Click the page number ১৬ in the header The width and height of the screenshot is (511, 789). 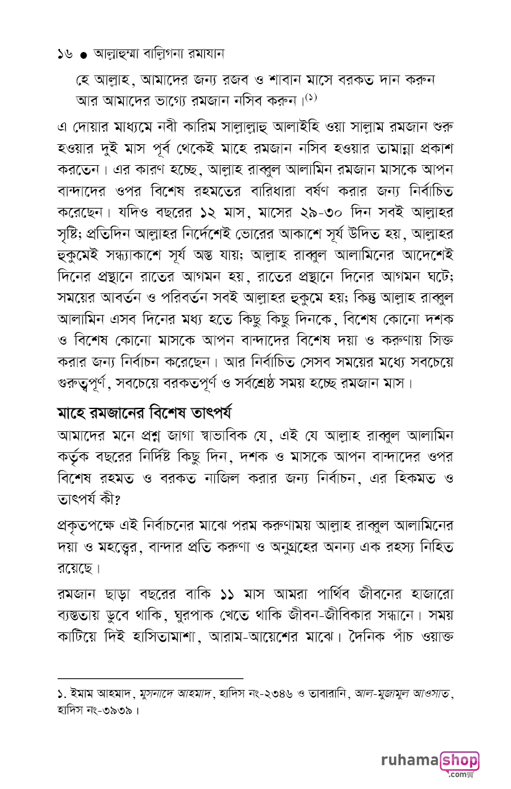pos(64,54)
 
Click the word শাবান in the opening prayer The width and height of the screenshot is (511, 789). pos(289,80)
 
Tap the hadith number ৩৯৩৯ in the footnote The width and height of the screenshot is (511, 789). pos(115,710)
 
